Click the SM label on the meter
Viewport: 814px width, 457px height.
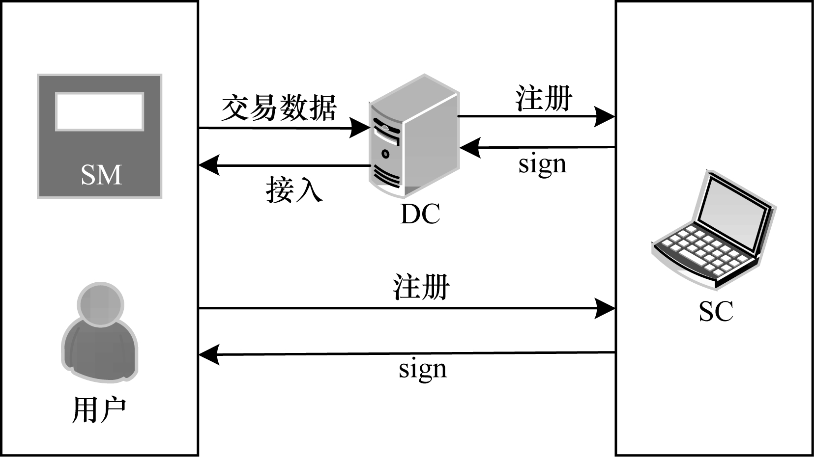click(x=101, y=175)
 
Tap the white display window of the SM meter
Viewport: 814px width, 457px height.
click(x=100, y=111)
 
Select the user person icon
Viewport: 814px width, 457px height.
click(x=100, y=332)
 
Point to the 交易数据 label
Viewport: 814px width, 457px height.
click(x=279, y=108)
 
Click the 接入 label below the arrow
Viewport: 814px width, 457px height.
click(x=294, y=190)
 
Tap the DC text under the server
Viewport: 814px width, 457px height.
click(x=420, y=214)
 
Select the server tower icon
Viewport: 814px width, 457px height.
click(x=414, y=136)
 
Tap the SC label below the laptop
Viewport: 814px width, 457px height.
click(x=716, y=311)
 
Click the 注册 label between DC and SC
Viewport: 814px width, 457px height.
click(x=544, y=98)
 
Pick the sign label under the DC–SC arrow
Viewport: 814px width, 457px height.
click(x=543, y=165)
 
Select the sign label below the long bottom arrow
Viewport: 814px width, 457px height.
click(x=423, y=370)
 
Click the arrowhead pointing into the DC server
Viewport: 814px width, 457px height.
click(x=360, y=128)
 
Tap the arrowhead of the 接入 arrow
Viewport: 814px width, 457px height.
click(x=209, y=165)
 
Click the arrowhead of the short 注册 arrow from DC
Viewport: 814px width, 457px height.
click(x=604, y=116)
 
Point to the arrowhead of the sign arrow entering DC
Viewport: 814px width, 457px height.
click(x=470, y=148)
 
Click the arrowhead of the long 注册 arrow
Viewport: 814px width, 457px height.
click(x=604, y=309)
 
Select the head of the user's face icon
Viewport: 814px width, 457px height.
click(x=101, y=304)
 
